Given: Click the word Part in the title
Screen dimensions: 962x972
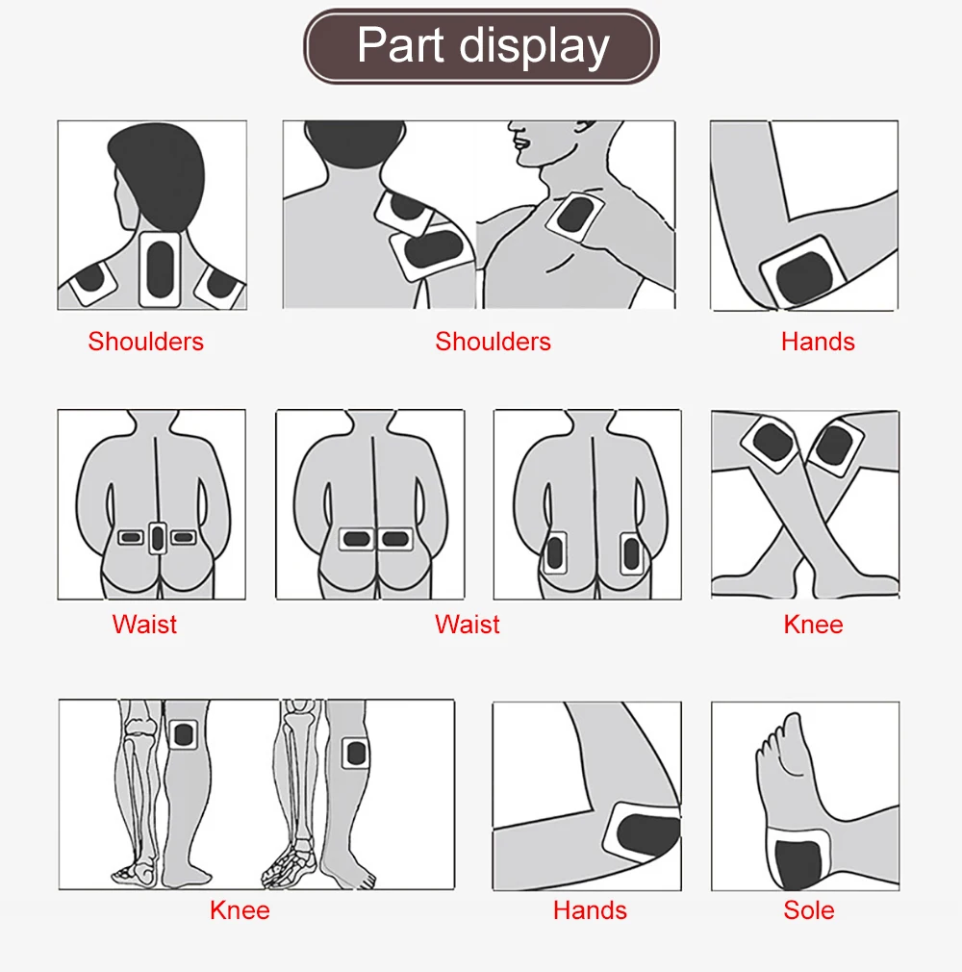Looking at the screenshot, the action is [401, 44].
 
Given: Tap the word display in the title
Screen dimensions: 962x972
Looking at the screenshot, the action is [534, 47].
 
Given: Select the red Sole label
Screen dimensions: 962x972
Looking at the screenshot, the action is [808, 910].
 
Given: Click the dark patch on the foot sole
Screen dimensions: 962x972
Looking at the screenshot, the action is [799, 863].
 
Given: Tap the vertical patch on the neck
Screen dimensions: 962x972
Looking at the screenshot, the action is [160, 269].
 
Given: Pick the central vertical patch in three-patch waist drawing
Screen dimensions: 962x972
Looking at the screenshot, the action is [158, 538].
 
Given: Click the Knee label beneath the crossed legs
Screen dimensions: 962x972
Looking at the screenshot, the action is [813, 625].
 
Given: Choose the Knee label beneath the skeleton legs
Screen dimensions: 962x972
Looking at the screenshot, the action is [240, 910].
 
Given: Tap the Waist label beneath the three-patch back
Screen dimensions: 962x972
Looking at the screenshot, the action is [144, 625].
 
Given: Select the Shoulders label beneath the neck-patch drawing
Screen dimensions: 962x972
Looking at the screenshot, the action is [145, 342].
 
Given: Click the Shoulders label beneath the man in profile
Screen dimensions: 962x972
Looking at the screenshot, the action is [493, 342].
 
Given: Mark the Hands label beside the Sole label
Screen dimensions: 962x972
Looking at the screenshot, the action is [590, 910].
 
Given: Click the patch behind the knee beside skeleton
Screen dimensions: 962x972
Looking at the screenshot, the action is [184, 734].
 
